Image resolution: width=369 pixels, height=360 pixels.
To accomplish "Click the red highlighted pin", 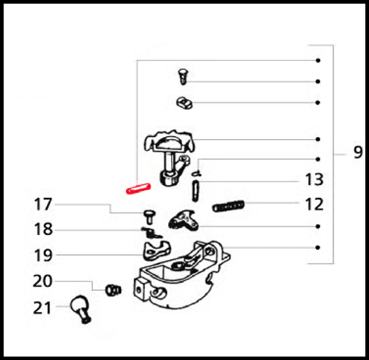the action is tap(138, 189).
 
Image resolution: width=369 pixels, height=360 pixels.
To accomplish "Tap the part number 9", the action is tap(358, 152).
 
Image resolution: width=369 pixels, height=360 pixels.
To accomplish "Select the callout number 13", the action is tap(314, 179).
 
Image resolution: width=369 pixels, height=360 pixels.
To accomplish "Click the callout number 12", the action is tap(314, 204).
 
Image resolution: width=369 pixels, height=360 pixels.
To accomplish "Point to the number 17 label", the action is tap(43, 204).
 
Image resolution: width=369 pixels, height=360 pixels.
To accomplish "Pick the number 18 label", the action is tap(43, 229).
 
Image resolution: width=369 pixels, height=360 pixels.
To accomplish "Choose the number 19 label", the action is tap(43, 255).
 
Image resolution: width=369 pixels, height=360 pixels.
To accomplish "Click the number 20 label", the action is tap(43, 281).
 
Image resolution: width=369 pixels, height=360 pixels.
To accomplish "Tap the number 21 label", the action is tap(42, 308).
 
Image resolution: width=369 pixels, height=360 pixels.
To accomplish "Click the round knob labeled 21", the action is tap(80, 308).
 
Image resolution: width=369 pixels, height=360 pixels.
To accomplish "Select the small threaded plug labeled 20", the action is tap(113, 290).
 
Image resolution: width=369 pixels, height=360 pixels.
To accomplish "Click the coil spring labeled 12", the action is tap(228, 206).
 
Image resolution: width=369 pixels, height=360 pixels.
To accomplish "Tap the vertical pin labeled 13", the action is tap(195, 191).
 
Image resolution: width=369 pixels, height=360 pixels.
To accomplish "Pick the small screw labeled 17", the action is tap(149, 217).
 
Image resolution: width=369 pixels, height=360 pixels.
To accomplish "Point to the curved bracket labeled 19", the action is tap(156, 251).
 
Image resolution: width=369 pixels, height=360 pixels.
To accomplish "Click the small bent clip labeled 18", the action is tap(151, 233).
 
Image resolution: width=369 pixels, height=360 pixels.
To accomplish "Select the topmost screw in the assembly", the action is tap(183, 76).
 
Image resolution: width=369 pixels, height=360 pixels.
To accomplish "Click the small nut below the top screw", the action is tap(184, 103).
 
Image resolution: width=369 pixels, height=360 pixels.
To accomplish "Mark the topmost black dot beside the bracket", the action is tap(318, 60).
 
